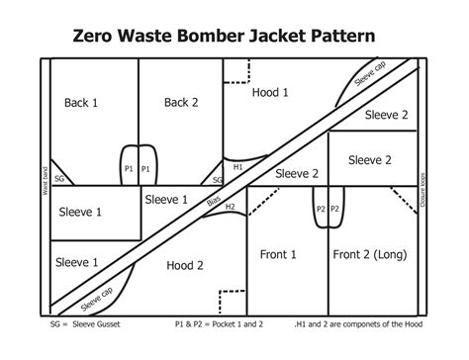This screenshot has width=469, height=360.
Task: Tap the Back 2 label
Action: tap(181, 102)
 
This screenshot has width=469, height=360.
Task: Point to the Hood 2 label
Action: tap(185, 265)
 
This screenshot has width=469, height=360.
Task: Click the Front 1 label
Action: tap(278, 254)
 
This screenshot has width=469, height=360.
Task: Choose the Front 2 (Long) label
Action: tap(369, 254)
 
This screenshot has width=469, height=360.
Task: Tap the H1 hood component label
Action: tap(237, 167)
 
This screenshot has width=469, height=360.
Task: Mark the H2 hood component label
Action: tap(230, 207)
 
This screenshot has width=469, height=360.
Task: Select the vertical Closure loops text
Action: tap(422, 187)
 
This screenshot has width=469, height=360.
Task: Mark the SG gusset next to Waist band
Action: tap(59, 179)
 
